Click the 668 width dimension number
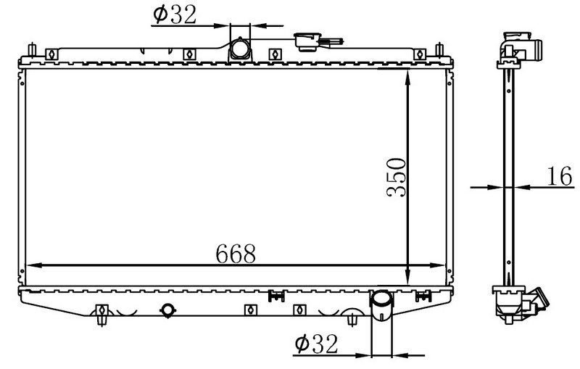[x=236, y=253]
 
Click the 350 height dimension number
[x=396, y=177]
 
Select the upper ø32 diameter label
[x=175, y=14]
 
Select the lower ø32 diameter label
[x=317, y=344]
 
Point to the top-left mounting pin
[x=32, y=49]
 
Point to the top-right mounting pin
[x=439, y=49]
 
